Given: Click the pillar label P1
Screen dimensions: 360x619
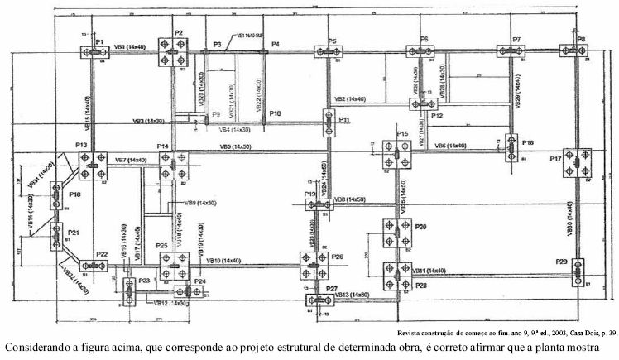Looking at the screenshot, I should [98, 41].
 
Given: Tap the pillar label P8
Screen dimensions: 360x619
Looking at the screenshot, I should [581, 39].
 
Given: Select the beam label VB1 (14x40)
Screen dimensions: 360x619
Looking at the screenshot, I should [130, 47].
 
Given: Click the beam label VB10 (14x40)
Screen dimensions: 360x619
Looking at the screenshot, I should [223, 260].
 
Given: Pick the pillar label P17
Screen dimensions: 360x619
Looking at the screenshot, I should [555, 157].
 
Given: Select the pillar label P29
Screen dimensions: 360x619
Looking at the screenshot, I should [562, 262].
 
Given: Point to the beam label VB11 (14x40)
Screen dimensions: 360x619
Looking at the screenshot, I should [429, 271].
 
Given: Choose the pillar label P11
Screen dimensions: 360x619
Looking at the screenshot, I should [344, 120].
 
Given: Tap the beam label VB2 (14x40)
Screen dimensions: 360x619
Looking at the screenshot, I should [350, 99].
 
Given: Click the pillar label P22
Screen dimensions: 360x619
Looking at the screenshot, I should [102, 254].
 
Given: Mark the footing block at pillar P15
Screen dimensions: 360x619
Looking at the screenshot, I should [396, 153].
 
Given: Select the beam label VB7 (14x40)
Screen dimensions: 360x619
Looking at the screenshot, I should [131, 160].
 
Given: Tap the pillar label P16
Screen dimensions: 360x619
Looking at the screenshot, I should [528, 142].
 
